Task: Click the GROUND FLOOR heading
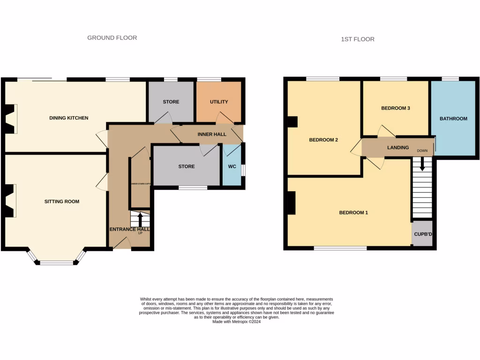point(112,37)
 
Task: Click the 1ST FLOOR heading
point(358,39)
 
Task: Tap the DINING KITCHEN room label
point(69,118)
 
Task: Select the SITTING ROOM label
point(62,202)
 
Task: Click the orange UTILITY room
point(219,102)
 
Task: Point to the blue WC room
point(232,166)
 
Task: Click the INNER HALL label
point(212,135)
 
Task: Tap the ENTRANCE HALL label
point(130,229)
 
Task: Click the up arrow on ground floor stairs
point(140,219)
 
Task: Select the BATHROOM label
point(453,119)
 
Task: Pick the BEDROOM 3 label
point(396,108)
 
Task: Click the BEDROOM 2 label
point(323,140)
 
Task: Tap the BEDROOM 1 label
point(353,212)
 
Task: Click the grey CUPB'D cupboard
point(422,233)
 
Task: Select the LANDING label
point(398,148)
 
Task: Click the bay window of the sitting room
point(57,262)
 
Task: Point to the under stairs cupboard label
point(140,184)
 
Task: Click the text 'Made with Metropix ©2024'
point(236,322)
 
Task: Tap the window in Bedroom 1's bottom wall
point(340,248)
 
